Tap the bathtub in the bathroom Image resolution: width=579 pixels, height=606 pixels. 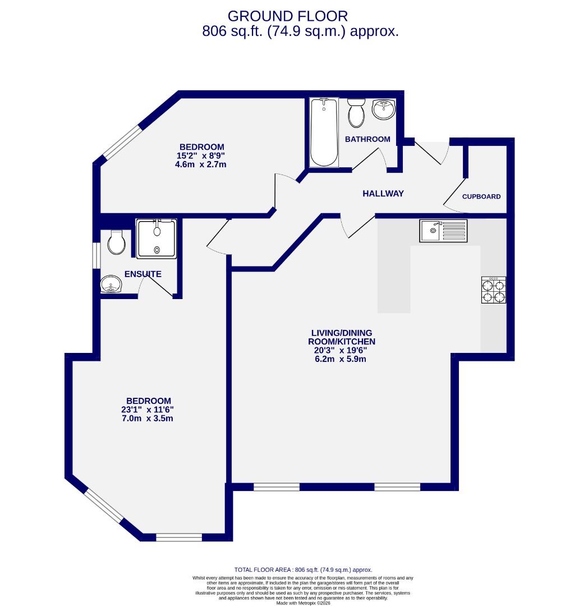pyautogui.click(x=324, y=132)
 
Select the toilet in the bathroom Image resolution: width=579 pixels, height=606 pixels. pyautogui.click(x=356, y=113)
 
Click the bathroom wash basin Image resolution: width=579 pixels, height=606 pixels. pyautogui.click(x=384, y=109)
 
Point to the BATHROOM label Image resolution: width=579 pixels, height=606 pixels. pyautogui.click(x=367, y=139)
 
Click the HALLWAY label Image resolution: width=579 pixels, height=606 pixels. pyautogui.click(x=383, y=194)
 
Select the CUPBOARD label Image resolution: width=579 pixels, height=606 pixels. pyautogui.click(x=481, y=197)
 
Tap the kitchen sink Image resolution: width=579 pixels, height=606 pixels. pyautogui.click(x=443, y=231)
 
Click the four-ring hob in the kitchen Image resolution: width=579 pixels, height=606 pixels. pyautogui.click(x=494, y=290)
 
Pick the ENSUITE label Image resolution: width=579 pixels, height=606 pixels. pyautogui.click(x=143, y=274)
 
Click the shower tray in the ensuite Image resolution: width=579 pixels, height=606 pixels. pyautogui.click(x=157, y=238)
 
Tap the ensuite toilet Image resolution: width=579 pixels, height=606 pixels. pyautogui.click(x=116, y=242)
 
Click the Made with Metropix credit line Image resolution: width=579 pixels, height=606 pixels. pyautogui.click(x=302, y=603)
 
